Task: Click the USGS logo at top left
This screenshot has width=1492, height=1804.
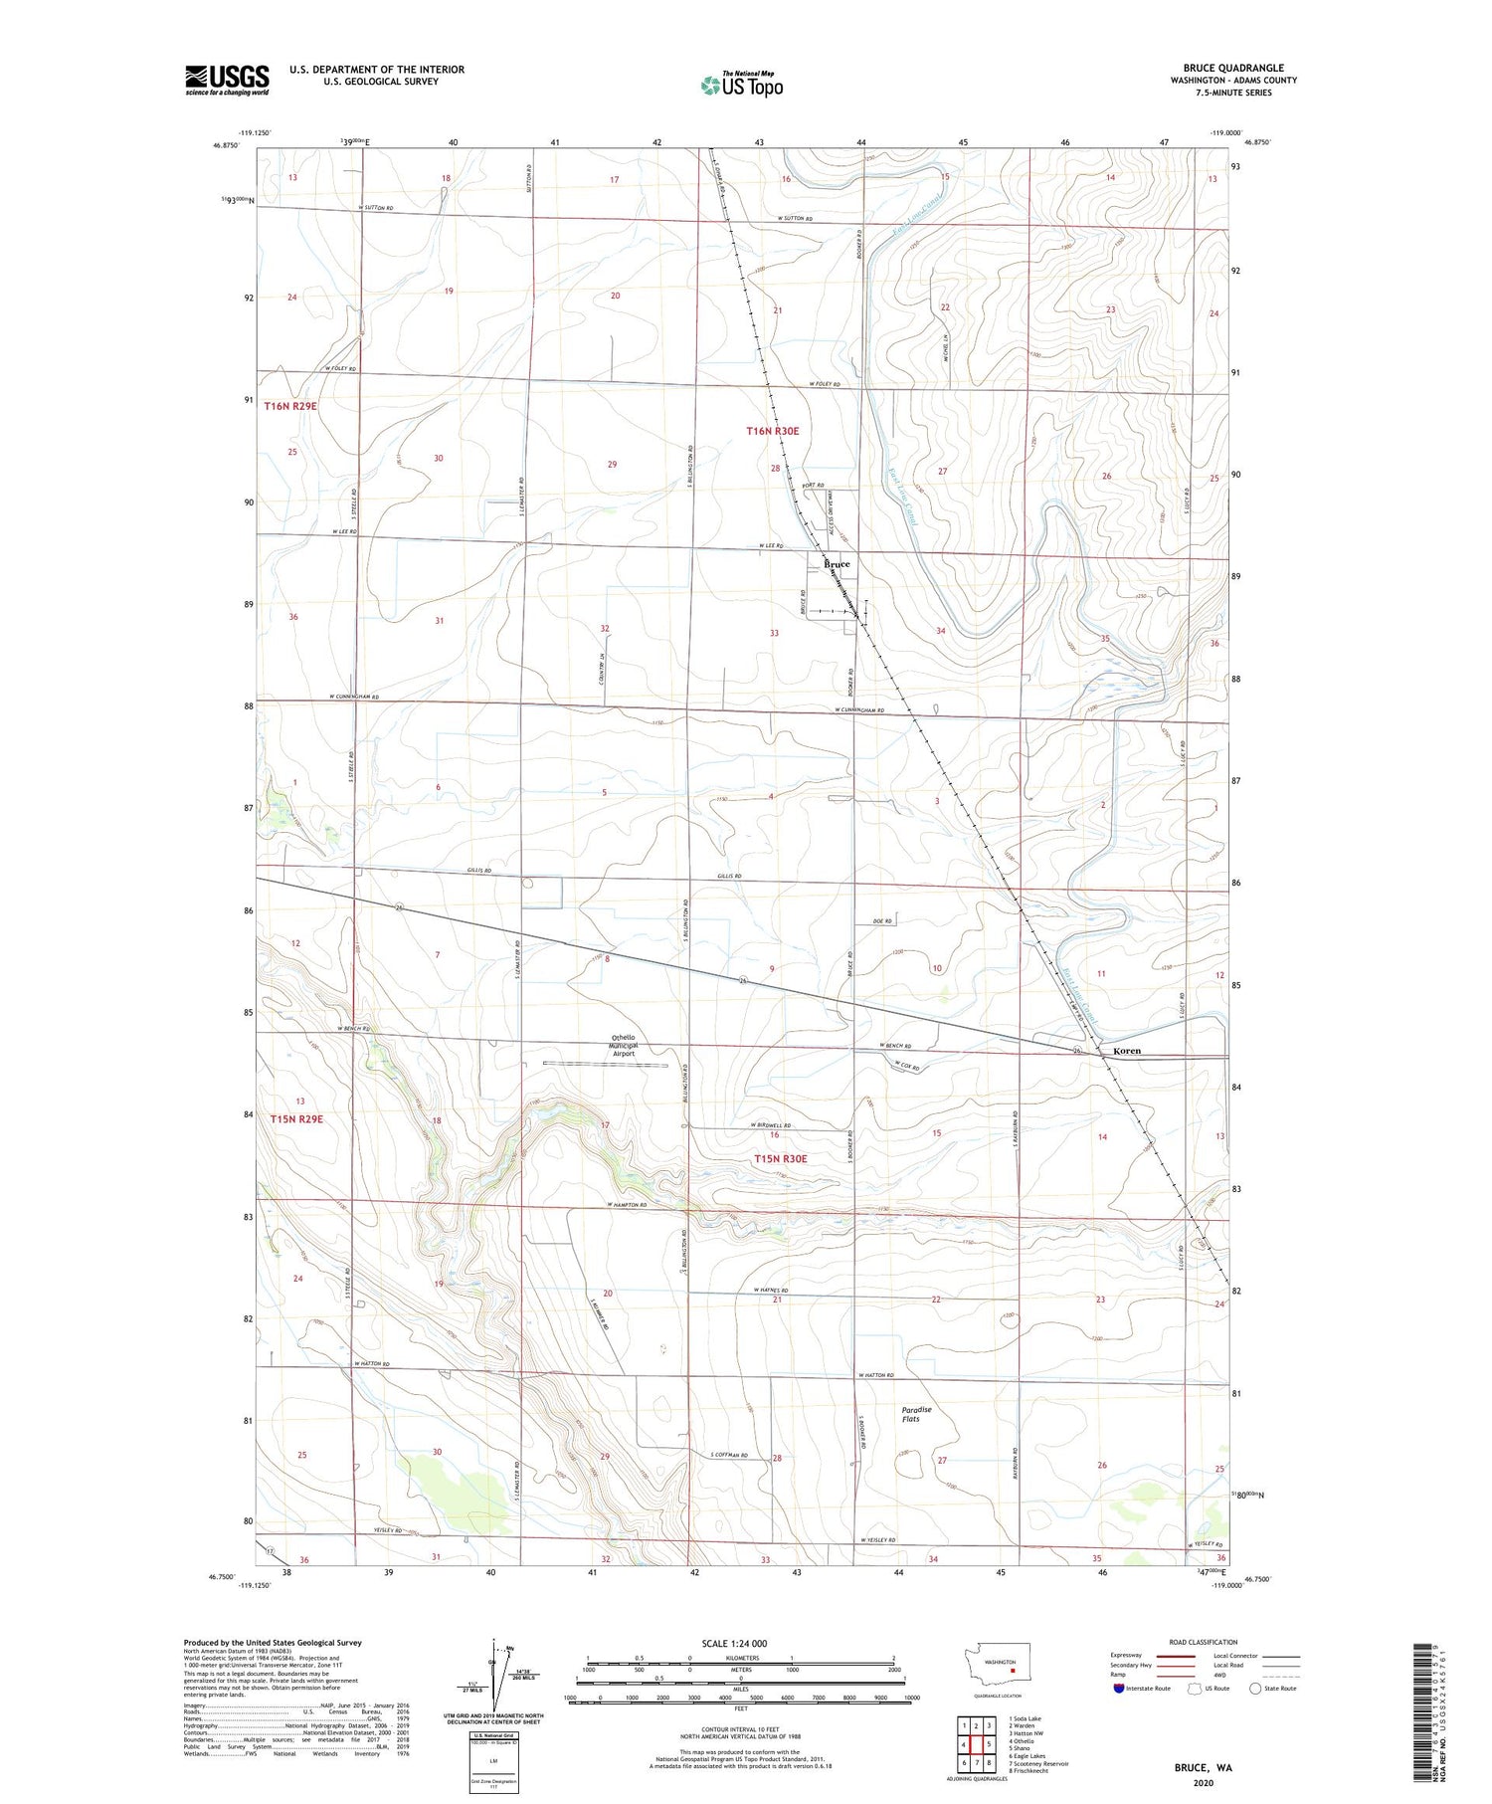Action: (227, 80)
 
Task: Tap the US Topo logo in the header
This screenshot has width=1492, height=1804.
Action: (741, 86)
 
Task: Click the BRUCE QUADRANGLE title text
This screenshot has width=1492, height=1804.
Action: (1232, 68)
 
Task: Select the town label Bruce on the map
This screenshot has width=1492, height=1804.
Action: (837, 565)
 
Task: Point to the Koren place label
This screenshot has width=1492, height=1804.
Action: (1126, 1051)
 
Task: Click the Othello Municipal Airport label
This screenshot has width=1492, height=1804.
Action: (624, 1046)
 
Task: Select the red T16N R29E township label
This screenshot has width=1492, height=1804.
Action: (290, 407)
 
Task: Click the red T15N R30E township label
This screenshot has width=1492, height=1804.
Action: (780, 1159)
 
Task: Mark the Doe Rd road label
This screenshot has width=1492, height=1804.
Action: (880, 921)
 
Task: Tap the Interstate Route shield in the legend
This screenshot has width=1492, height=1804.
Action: (1118, 1689)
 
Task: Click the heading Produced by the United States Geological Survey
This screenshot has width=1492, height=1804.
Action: (272, 1643)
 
